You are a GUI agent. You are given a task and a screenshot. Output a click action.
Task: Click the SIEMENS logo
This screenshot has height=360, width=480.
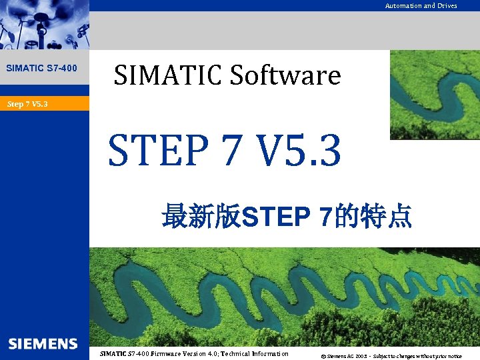(43, 344)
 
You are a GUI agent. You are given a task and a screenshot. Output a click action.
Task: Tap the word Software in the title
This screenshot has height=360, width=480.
(285, 75)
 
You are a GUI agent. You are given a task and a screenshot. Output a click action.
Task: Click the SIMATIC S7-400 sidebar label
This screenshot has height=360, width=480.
(41, 68)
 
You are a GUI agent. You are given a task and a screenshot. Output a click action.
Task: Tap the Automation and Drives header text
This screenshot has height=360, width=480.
(421, 6)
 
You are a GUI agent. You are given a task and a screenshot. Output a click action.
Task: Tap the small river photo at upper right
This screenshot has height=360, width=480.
(434, 93)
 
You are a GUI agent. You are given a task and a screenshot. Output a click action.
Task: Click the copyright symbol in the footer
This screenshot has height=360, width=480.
(323, 356)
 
